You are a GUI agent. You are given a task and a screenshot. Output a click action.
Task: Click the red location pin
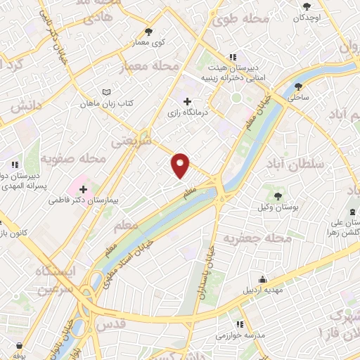[x=181, y=165]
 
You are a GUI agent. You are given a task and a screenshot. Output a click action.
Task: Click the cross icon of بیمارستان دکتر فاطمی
[x=84, y=189]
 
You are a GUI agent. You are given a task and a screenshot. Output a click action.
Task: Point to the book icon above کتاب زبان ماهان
[x=107, y=92]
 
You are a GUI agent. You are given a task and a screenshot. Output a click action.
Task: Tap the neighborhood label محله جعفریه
[x=257, y=239]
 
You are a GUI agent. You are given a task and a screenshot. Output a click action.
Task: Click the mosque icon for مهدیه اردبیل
[x=262, y=278]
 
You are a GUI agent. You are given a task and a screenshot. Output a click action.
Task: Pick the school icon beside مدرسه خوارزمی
[x=239, y=324]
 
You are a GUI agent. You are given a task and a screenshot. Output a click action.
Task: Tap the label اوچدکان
[x=309, y=16]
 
